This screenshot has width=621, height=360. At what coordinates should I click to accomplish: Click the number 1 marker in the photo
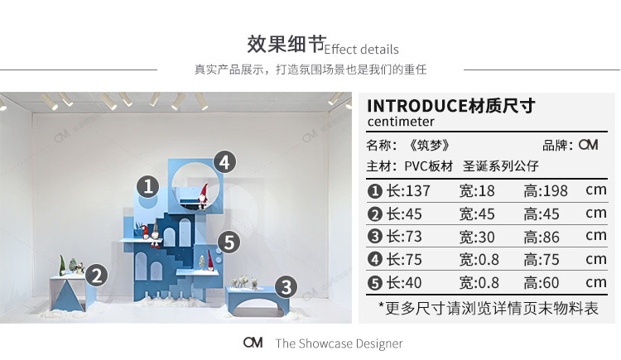(x=148, y=186)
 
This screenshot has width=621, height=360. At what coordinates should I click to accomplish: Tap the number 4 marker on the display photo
(x=224, y=161)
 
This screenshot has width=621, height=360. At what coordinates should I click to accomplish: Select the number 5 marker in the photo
(x=229, y=242)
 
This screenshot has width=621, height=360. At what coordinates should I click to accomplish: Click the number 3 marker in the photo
(x=286, y=287)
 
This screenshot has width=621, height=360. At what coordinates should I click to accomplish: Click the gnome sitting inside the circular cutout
(x=202, y=193)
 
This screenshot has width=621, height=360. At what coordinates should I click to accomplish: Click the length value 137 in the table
(x=416, y=191)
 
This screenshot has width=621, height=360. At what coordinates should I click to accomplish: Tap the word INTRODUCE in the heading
(x=416, y=106)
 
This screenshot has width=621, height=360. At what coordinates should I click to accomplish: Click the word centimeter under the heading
(x=401, y=122)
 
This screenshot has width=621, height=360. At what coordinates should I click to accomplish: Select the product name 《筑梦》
(x=430, y=145)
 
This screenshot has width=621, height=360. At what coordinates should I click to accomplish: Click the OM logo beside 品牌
(x=588, y=145)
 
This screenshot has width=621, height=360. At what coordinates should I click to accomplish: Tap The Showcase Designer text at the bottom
(x=339, y=343)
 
